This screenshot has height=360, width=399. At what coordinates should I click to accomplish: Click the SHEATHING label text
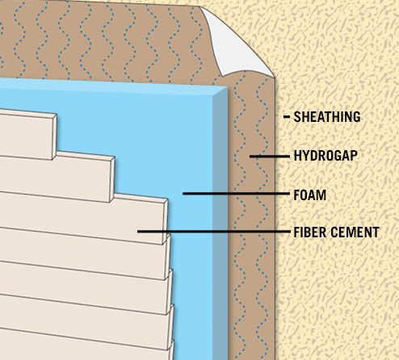[x=327, y=117]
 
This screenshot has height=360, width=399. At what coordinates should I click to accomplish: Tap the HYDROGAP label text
[x=325, y=156]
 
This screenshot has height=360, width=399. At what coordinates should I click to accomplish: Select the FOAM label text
[x=310, y=195]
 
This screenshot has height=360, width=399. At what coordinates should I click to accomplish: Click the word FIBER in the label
[x=310, y=232]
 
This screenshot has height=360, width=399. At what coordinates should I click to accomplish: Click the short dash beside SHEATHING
[x=287, y=117]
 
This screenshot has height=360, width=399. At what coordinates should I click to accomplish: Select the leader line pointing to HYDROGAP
[x=270, y=156]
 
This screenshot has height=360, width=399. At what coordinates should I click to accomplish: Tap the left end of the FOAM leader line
[x=183, y=194]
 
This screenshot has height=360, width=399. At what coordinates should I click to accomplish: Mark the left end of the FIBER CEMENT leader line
[x=137, y=232]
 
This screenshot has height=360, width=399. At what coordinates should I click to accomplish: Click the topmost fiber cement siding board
[x=27, y=134]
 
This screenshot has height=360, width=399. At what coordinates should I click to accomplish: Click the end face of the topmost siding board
[x=54, y=136]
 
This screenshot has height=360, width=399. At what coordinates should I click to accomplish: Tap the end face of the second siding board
[x=112, y=179]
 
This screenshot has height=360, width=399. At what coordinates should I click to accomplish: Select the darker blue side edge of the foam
[x=220, y=224]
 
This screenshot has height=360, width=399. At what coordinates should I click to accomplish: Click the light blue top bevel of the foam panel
[x=113, y=86]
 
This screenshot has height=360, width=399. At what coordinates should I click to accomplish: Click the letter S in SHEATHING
[x=297, y=117]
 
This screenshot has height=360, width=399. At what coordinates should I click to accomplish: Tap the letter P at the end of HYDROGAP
[x=354, y=156]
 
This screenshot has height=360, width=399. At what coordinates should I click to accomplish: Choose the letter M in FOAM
[x=321, y=195]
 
